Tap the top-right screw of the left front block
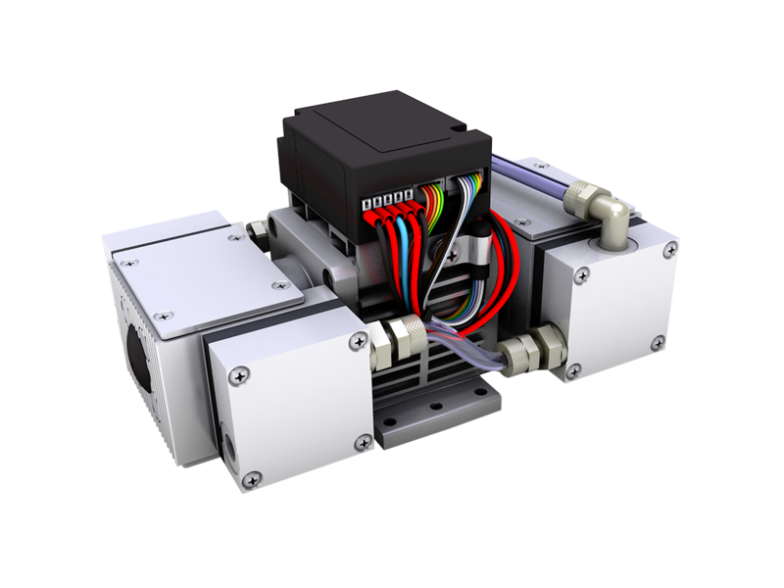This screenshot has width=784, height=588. point(355,342)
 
